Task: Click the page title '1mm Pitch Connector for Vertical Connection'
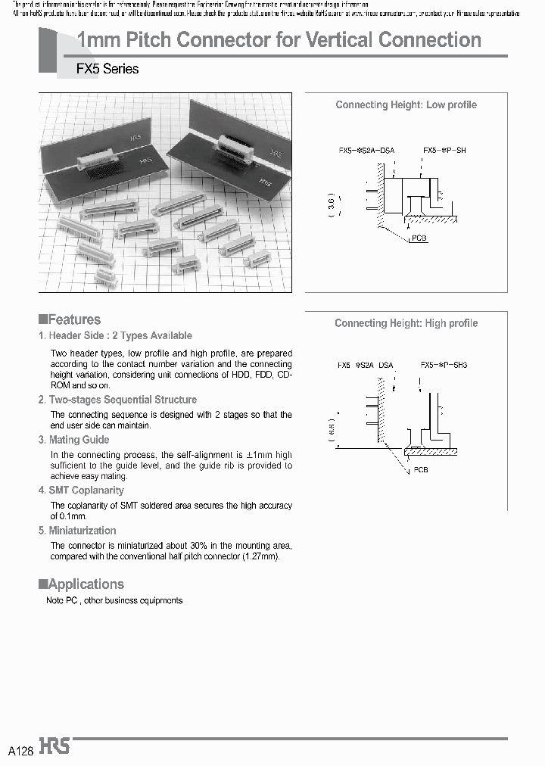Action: click(279, 40)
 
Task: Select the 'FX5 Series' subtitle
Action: click(108, 69)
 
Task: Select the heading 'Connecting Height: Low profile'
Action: click(406, 105)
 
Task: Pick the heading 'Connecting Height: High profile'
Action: click(406, 323)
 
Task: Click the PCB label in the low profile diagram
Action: click(419, 238)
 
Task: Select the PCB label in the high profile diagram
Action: click(421, 470)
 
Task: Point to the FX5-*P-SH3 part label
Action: click(444, 364)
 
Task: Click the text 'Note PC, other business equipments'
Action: click(114, 600)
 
